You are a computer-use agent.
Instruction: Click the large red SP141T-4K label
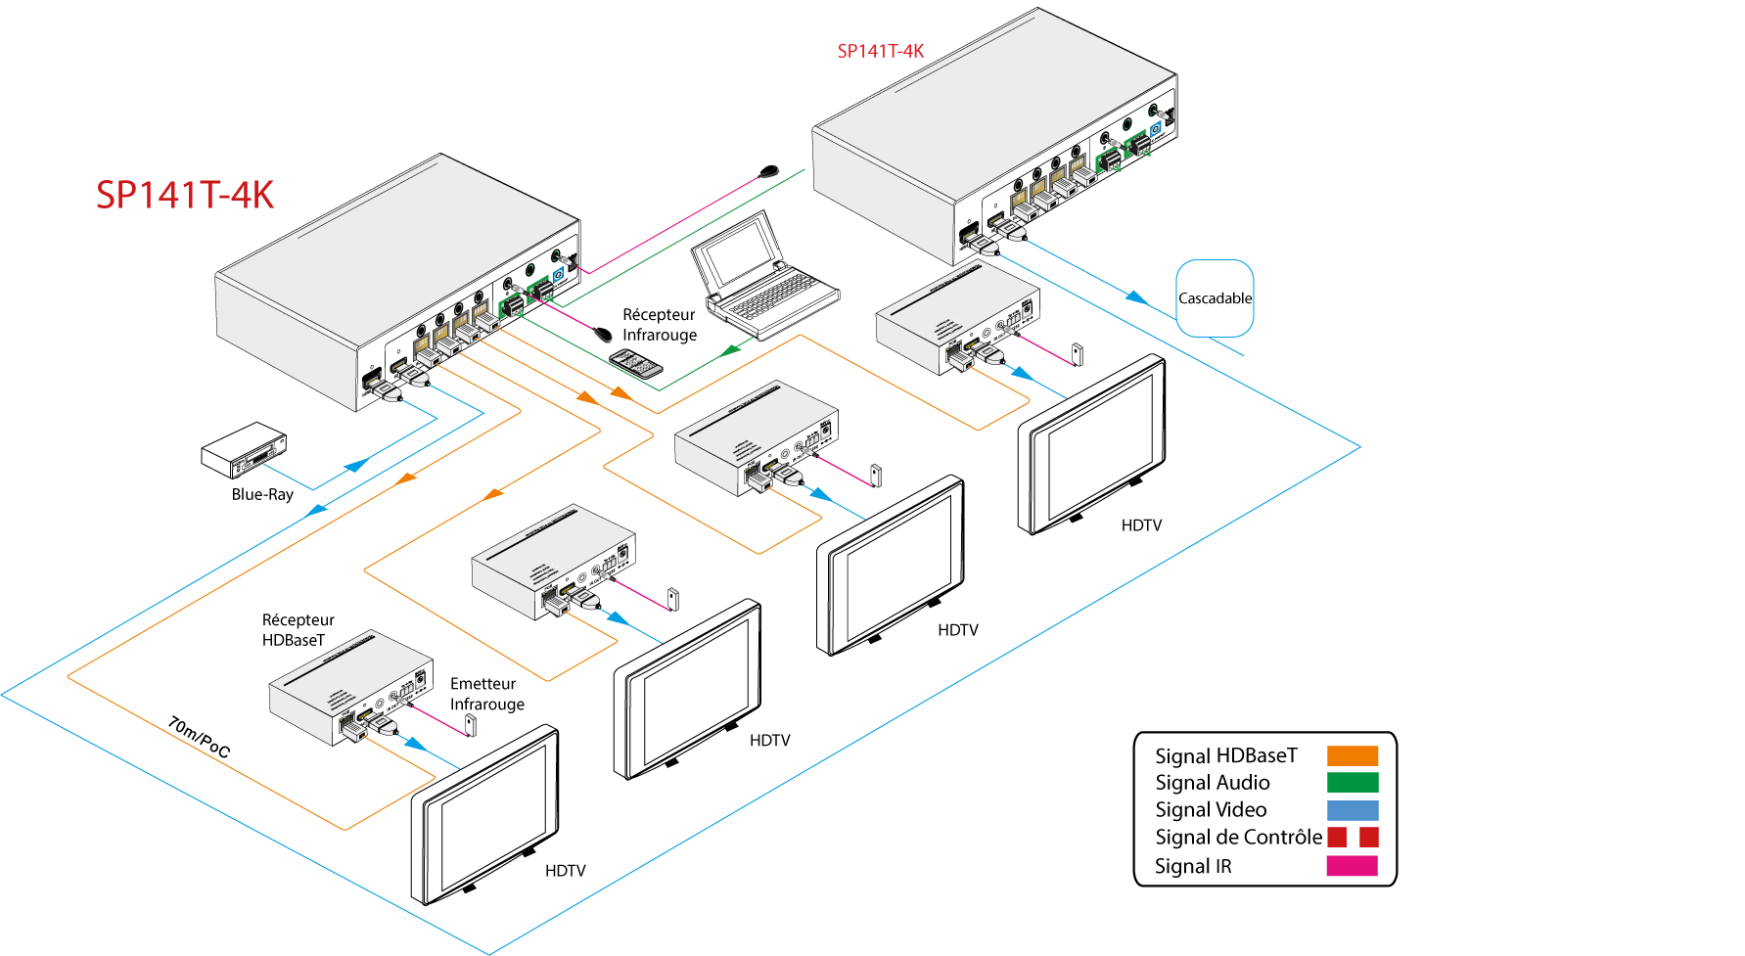point(185,195)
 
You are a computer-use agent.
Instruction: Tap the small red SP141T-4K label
point(880,51)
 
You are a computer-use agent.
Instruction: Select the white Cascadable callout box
point(1215,297)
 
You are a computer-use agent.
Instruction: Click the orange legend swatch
point(1353,755)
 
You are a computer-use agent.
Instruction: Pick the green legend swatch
point(1353,782)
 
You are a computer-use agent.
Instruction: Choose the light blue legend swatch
point(1353,810)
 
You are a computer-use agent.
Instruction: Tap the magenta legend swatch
point(1352,866)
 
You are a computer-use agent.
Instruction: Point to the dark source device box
point(243,449)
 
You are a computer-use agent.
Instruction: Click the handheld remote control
point(636,364)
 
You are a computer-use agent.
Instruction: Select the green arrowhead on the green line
point(731,349)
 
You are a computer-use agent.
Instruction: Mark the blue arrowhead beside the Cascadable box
point(1135,296)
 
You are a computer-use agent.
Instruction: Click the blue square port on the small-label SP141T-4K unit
point(1158,129)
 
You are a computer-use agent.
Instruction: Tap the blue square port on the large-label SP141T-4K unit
point(559,275)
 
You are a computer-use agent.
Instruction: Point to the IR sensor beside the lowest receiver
point(471,724)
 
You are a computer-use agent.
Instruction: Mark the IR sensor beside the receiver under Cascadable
point(1078,354)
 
